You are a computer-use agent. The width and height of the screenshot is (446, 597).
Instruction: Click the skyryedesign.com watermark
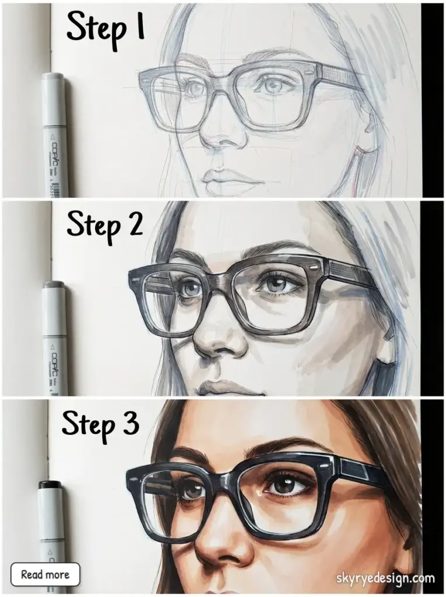[385, 578]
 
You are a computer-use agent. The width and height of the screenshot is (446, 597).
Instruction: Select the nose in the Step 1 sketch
[219, 137]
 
